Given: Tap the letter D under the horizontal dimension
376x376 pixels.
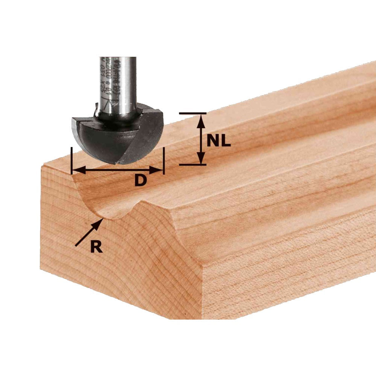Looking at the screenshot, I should click(140, 181).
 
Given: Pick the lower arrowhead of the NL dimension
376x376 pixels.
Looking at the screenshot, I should click(202, 160).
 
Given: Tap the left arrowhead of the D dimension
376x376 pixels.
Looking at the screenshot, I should click(75, 170).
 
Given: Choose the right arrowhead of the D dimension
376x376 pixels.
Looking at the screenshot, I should click(160, 170).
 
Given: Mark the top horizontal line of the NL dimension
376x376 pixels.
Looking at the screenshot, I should click(193, 113).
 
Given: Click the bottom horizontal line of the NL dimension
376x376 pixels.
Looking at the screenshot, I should click(193, 165).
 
